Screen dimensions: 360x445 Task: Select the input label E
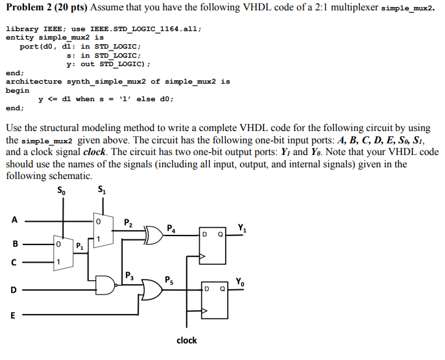[13, 317]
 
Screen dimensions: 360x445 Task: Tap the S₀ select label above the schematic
[62, 191]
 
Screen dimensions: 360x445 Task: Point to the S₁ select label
[102, 190]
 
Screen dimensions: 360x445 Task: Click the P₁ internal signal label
[79, 246]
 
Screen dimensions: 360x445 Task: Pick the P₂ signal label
[128, 224]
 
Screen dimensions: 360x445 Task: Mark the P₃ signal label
[128, 274]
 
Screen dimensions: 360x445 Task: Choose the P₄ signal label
[170, 228]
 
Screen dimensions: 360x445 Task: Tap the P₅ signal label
[170, 280]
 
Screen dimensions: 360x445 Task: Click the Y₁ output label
[241, 228]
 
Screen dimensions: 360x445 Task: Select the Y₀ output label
[241, 282]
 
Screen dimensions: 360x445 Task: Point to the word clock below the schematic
[187, 340]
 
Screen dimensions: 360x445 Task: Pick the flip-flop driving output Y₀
[213, 301]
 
